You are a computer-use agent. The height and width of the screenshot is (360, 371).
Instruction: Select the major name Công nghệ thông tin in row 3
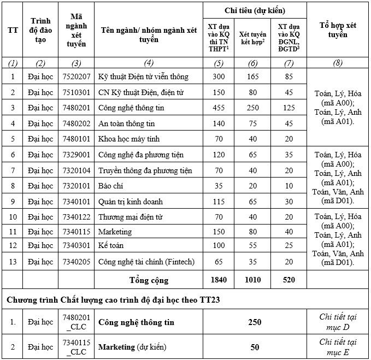pyautogui.click(x=131, y=108)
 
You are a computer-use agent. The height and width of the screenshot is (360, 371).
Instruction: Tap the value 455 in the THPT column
pyautogui.click(x=219, y=108)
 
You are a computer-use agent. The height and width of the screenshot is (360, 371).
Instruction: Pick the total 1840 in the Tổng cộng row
pyautogui.click(x=219, y=280)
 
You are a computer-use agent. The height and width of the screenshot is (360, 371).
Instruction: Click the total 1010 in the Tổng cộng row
pyautogui.click(x=252, y=280)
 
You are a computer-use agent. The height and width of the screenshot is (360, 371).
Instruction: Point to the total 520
pyautogui.click(x=289, y=280)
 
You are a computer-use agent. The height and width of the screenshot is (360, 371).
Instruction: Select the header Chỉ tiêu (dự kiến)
pyautogui.click(x=254, y=10)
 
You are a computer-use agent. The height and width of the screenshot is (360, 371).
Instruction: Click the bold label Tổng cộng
pyautogui.click(x=149, y=280)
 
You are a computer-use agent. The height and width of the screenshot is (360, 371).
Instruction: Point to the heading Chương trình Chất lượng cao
pyautogui.click(x=113, y=300)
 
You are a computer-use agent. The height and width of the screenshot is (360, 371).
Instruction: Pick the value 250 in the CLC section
pyautogui.click(x=255, y=322)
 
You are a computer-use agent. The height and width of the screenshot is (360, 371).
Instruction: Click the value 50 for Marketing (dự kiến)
pyautogui.click(x=255, y=347)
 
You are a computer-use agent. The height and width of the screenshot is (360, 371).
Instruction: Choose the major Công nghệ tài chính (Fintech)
pyautogui.click(x=146, y=262)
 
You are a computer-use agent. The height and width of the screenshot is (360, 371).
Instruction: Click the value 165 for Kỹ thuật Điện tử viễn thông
pyautogui.click(x=252, y=76)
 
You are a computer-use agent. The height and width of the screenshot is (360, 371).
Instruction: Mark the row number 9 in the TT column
pyautogui.click(x=13, y=202)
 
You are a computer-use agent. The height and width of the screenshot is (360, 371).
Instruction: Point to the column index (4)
pyautogui.click(x=149, y=62)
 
